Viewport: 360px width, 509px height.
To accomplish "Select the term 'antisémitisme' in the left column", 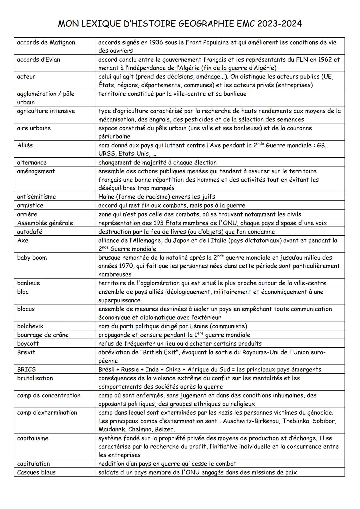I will coord(36,197).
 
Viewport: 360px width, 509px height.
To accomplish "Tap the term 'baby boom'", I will coord(32,258).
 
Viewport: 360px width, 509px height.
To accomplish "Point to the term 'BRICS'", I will coord(26,369).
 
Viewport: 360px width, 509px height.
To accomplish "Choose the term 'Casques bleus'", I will coord(36,472).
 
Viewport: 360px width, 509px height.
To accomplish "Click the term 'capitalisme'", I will coord(33,438).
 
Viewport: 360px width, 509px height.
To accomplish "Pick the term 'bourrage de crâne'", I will coord(43,335).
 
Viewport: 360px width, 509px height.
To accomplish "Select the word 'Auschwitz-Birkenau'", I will coord(251,421).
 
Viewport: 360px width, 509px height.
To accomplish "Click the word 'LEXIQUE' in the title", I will coord(109,24).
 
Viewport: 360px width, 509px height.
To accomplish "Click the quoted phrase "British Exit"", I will coord(162,352).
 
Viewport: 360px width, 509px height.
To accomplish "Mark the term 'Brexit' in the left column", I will coord(26,352).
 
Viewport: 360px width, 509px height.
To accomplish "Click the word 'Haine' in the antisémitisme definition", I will coord(107,197).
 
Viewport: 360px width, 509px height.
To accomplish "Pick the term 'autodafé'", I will coord(30,232).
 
